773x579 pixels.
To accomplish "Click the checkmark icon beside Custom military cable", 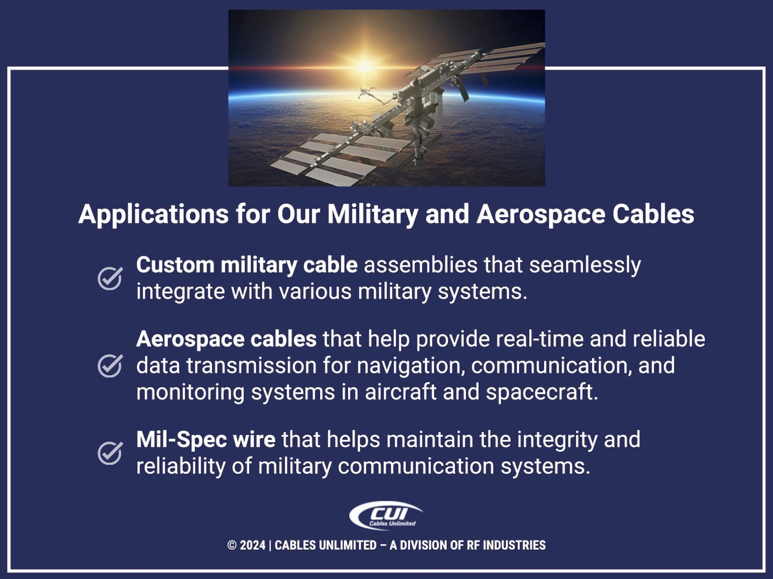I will (x=110, y=278).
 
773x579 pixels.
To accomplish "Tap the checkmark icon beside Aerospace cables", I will (x=110, y=366).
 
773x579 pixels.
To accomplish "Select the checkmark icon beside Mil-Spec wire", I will (x=110, y=453).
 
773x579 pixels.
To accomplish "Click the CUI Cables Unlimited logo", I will (x=386, y=516).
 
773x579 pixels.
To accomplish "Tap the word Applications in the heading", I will (x=153, y=214).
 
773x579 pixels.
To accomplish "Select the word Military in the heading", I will (x=372, y=214).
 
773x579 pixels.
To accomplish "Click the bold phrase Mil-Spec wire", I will (x=205, y=440).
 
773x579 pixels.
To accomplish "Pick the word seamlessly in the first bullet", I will (x=585, y=265).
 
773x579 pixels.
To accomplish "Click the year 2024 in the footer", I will (x=253, y=545).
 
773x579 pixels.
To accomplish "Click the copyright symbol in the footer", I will (x=232, y=545).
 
